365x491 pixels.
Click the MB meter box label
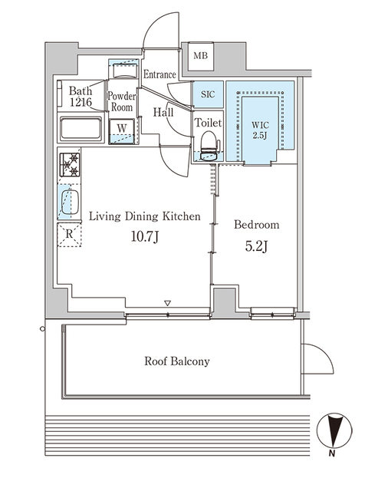point(200,56)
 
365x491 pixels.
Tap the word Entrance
point(159,74)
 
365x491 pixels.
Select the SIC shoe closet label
point(208,94)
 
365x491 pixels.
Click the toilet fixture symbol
point(209,147)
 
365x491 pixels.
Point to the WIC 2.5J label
point(260,130)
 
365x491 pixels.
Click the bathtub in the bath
point(81,129)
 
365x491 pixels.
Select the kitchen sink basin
point(70,202)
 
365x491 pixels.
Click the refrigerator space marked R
point(69,234)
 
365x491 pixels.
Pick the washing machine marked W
point(122,131)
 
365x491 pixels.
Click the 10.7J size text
point(145,237)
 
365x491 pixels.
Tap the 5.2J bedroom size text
point(256,246)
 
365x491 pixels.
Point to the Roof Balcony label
point(177,361)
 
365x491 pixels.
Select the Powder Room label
point(122,101)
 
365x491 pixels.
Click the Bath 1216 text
point(81,96)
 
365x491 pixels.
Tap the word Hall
point(163,112)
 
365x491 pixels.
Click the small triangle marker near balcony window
point(168,303)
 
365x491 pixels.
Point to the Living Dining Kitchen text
point(145,216)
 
